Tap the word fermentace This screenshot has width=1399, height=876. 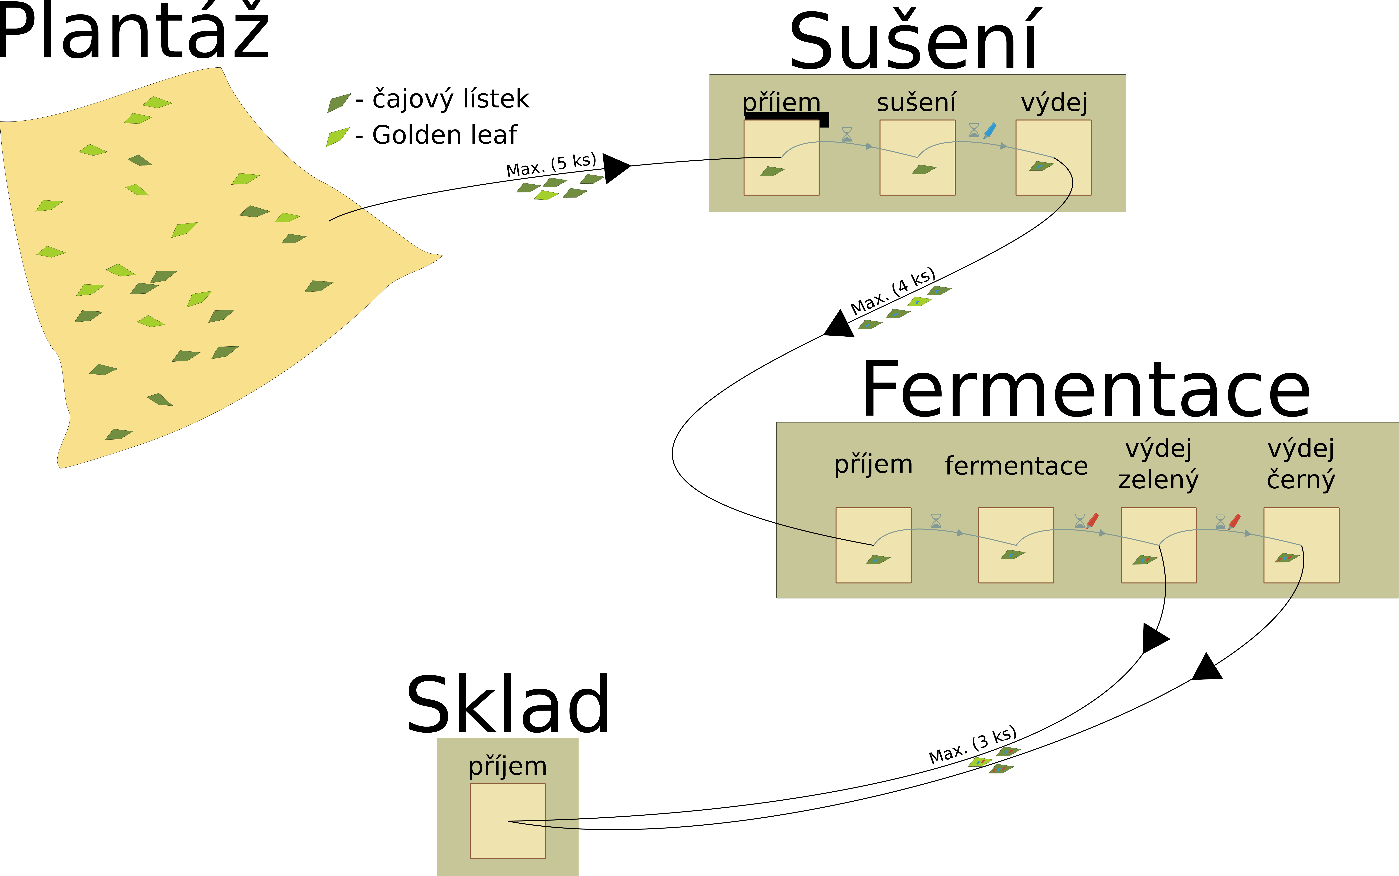(x=1016, y=466)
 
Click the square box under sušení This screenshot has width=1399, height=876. (x=917, y=158)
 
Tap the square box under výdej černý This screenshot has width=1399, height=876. (x=1301, y=545)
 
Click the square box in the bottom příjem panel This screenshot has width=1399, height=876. (x=507, y=821)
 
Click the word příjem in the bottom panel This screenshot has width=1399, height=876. (x=507, y=767)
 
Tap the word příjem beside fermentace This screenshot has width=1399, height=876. (x=873, y=465)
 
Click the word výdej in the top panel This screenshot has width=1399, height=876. (x=1054, y=103)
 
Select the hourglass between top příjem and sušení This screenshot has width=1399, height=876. (x=847, y=134)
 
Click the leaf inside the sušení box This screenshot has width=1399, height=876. (x=924, y=169)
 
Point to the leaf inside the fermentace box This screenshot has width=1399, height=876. (x=1012, y=554)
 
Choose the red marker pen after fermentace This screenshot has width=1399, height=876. (x=1092, y=520)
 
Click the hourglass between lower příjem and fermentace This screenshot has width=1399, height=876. (x=936, y=521)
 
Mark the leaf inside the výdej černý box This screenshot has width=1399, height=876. (x=1287, y=558)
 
